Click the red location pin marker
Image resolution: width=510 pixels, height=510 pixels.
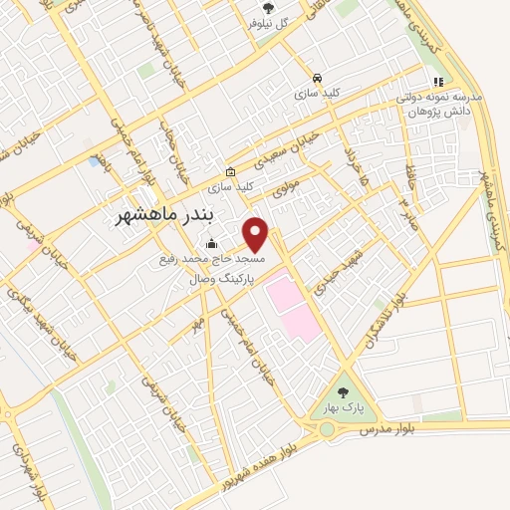tap(256, 234)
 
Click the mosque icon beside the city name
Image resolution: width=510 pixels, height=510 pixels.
tap(210, 243)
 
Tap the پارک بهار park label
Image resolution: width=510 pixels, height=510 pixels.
tap(344, 407)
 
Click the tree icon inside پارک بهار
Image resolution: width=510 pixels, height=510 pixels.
tap(344, 392)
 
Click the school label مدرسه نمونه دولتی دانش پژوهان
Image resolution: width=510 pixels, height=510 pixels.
tap(439, 106)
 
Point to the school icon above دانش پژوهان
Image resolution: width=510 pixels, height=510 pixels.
tap(436, 82)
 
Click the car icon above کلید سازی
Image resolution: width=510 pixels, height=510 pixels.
tap(317, 77)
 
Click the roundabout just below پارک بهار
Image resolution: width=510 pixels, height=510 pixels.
tap(326, 429)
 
